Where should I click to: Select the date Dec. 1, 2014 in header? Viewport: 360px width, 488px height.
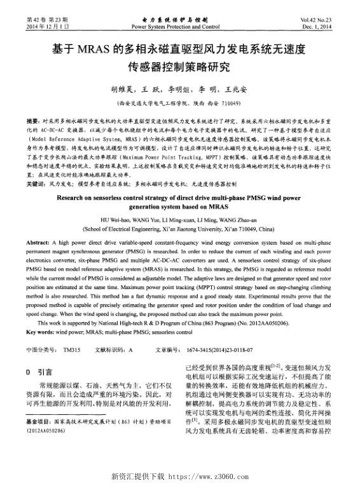318,27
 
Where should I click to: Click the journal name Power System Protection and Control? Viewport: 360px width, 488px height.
175,27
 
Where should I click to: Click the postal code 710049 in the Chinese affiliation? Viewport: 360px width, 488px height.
229,102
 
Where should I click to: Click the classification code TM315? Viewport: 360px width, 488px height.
71,349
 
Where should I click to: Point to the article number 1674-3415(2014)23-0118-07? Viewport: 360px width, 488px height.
219,349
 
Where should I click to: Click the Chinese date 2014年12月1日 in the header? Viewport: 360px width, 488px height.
47,27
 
